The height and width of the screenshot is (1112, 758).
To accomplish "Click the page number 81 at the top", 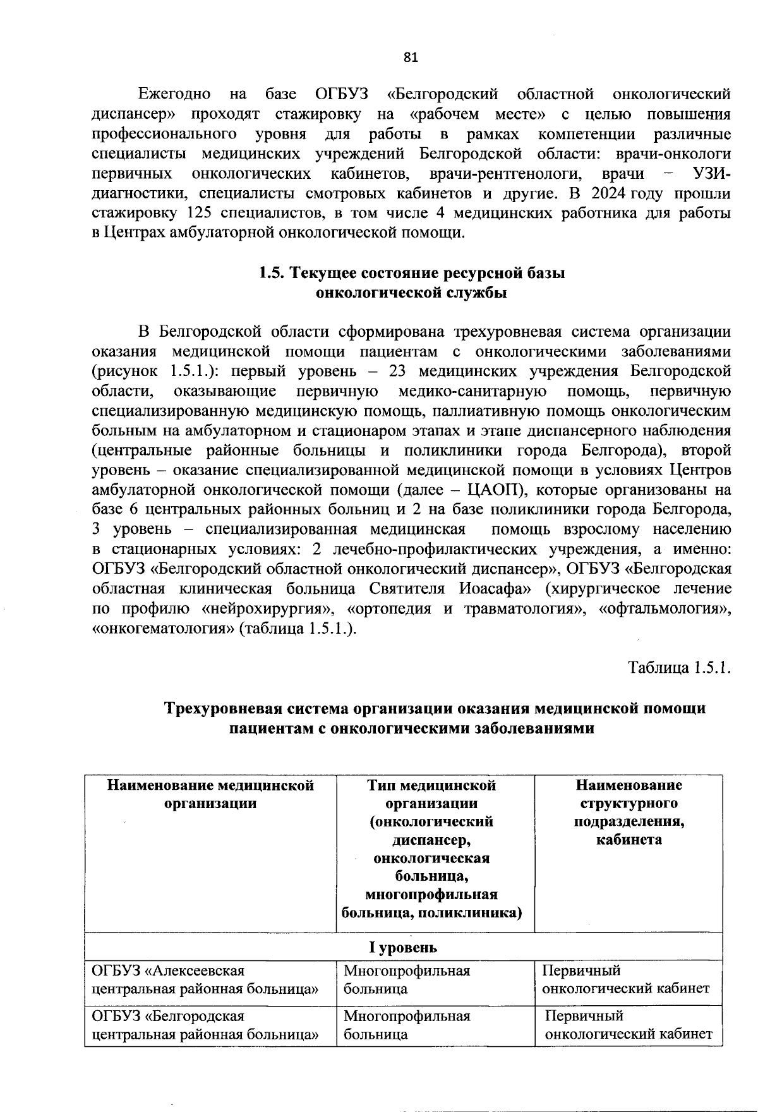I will click(x=411, y=57).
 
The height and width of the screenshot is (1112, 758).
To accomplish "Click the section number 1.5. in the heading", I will click(x=273, y=273).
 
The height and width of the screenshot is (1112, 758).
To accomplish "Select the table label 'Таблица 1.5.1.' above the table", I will click(x=679, y=668).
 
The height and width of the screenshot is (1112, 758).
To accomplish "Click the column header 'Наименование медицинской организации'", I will click(x=210, y=794).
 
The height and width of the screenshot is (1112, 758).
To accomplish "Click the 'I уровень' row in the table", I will click(x=403, y=948).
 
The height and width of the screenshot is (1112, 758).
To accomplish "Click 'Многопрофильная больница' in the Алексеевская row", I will click(x=407, y=979).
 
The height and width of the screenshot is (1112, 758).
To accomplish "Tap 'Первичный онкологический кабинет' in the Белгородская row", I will click(x=629, y=1025).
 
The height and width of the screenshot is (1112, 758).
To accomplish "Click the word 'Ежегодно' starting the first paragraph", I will click(x=174, y=94).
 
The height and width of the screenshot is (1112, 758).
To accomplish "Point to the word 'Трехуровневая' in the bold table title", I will click(x=232, y=708).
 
